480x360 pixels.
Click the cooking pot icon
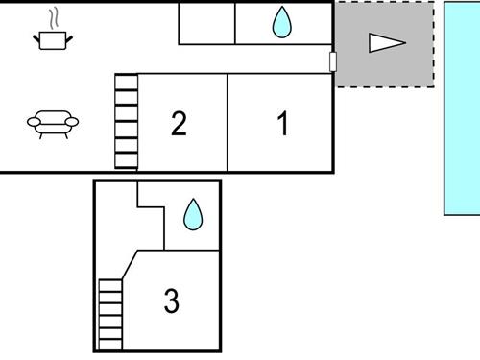pyautogui.click(x=53, y=38)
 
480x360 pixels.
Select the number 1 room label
pyautogui.click(x=282, y=124)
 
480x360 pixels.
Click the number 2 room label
pyautogui.click(x=179, y=124)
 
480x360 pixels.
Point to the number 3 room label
pyautogui.click(x=171, y=301)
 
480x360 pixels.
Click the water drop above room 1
pyautogui.click(x=281, y=23)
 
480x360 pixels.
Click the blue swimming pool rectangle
pyautogui.click(x=462, y=108)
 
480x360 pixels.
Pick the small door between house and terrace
pyautogui.click(x=333, y=61)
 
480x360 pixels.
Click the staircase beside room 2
pyautogui.click(x=127, y=122)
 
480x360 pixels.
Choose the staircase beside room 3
pyautogui.click(x=110, y=315)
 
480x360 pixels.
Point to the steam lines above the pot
pyautogui.click(x=57, y=17)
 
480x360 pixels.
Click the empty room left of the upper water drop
pyautogui.click(x=207, y=23)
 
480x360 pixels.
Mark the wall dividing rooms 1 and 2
pyautogui.click(x=228, y=122)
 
